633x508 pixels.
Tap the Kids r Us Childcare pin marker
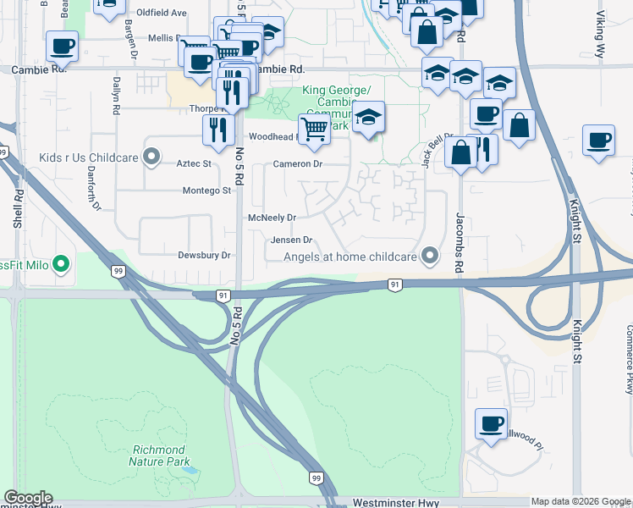151,156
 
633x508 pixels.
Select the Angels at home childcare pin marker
431,254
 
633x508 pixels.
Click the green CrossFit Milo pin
61,265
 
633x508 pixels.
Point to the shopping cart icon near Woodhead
314,130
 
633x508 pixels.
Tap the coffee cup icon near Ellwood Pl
491,422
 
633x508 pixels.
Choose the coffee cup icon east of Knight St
598,140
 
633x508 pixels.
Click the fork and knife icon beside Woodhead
218,129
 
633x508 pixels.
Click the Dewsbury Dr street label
204,255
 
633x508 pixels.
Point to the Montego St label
206,191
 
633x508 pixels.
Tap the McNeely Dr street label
272,218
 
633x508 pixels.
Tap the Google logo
28,498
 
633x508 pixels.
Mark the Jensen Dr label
292,240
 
